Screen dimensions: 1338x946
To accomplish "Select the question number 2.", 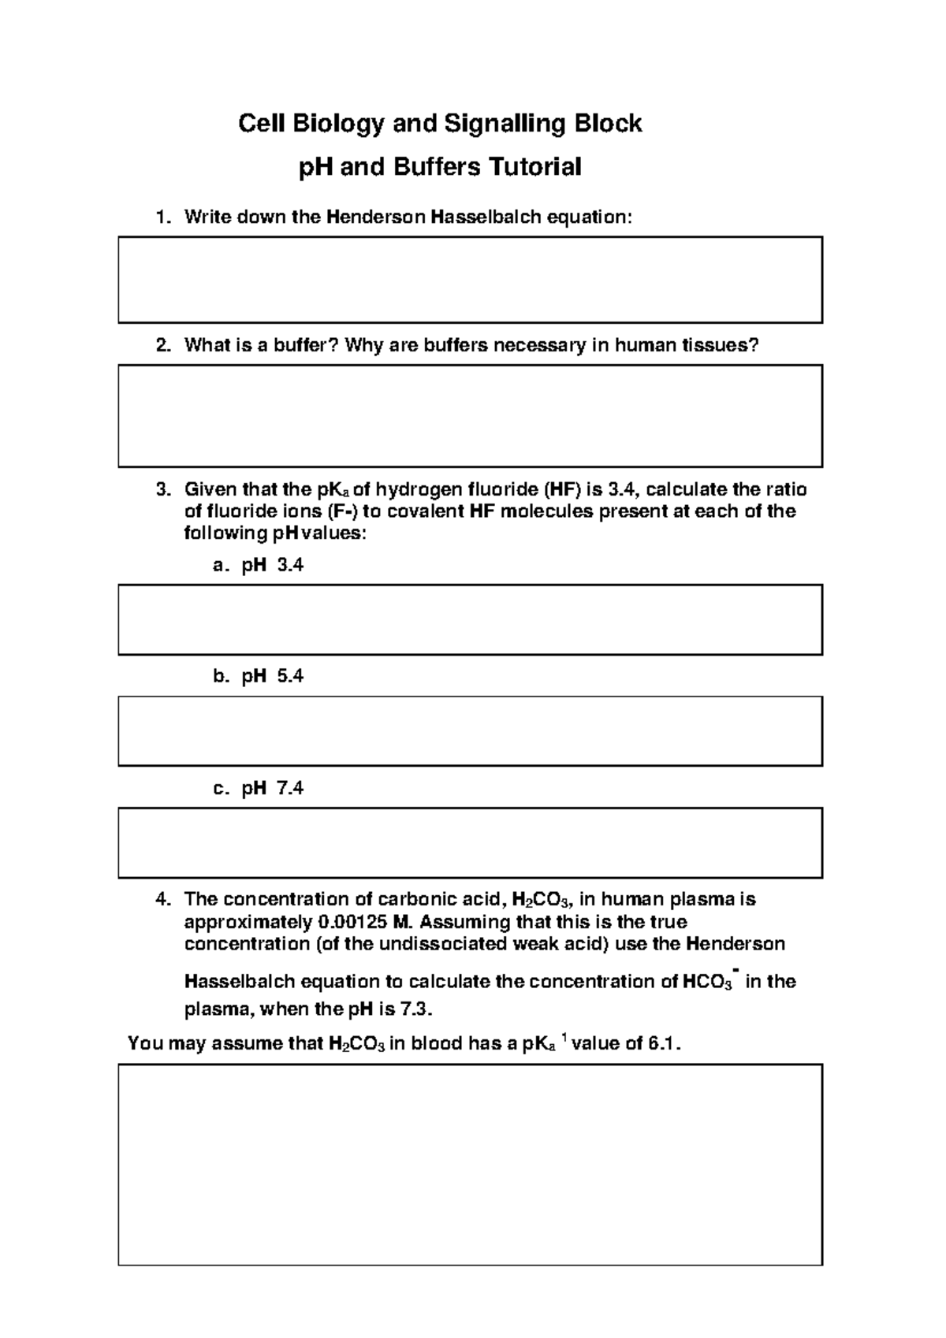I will [x=162, y=345].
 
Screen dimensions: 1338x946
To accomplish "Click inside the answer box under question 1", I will [x=470, y=280].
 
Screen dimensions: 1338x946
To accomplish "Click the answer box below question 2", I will [x=470, y=415].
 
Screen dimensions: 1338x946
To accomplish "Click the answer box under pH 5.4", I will [x=470, y=730].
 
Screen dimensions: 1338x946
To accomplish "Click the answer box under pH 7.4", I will [x=470, y=842].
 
